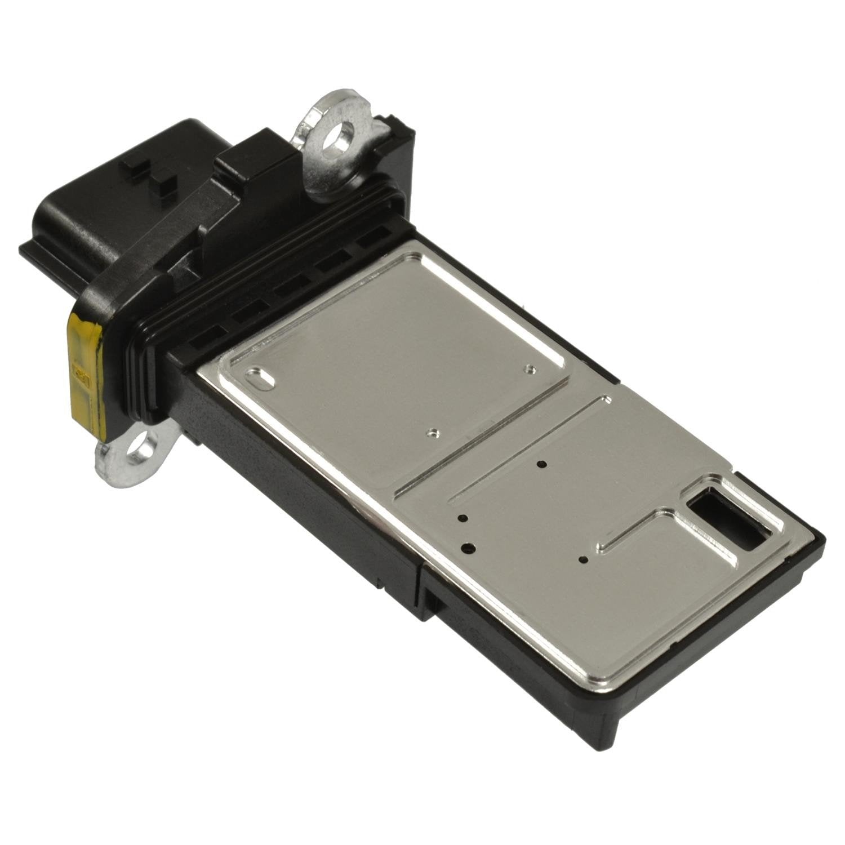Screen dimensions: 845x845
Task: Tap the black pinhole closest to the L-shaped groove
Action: [583, 560]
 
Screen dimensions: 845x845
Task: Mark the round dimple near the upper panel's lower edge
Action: [432, 432]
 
